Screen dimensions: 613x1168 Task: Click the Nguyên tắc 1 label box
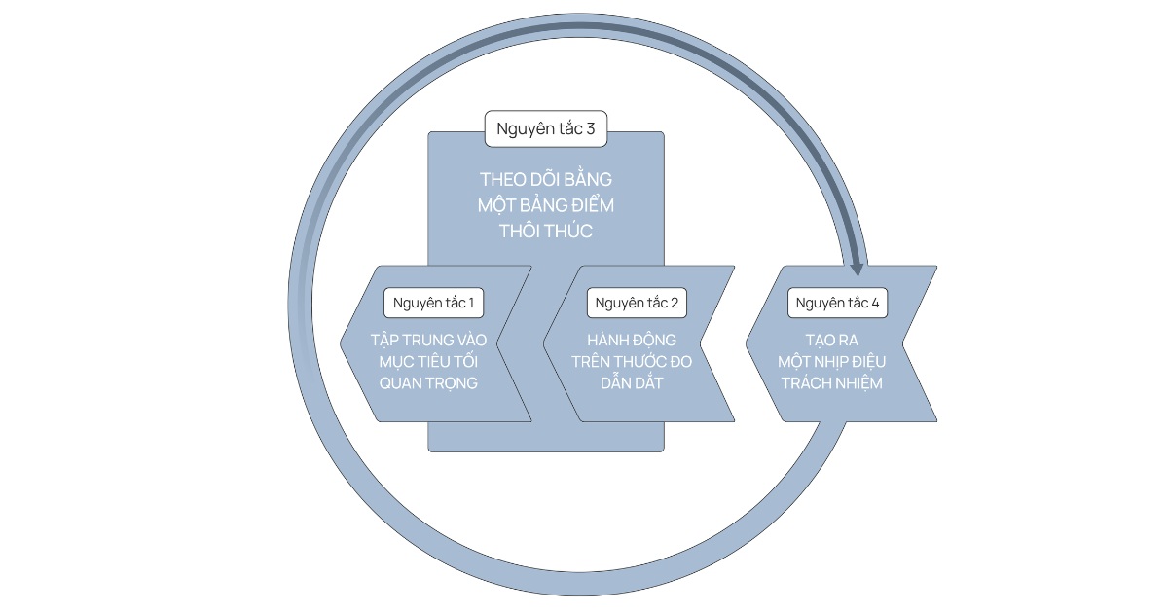coord(433,303)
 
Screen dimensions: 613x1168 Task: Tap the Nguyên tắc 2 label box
coord(637,303)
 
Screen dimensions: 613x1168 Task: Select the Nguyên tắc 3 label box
coord(545,128)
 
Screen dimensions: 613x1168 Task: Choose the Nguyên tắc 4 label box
coord(837,303)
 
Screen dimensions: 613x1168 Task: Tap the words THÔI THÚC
coord(545,232)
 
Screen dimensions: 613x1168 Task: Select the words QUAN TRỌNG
coord(428,382)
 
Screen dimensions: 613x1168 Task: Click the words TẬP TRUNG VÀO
coord(428,340)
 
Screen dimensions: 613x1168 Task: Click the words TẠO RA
coord(831,340)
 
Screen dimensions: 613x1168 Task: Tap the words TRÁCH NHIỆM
coord(831,382)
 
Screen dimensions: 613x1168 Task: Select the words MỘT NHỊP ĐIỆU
coord(831,361)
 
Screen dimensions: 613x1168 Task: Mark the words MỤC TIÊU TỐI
coord(428,361)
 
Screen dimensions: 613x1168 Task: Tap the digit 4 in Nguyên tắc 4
coord(875,303)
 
